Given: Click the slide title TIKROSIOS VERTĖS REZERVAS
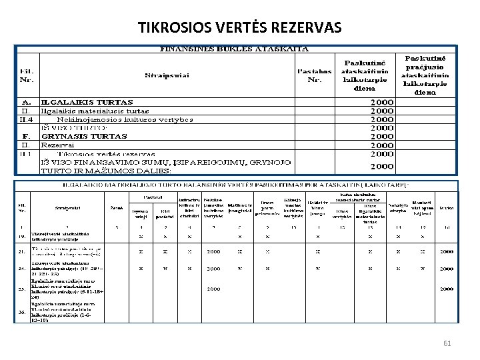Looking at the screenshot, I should coord(239,27).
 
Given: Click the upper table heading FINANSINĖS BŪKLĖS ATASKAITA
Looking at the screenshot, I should coord(233,49).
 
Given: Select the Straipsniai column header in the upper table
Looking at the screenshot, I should coord(167,75).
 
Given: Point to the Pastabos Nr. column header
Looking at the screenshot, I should coord(315,75).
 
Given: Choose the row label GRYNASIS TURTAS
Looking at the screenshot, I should coord(84,136).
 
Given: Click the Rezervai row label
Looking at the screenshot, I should coord(58,145).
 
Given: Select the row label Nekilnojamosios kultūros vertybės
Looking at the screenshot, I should coord(130,119).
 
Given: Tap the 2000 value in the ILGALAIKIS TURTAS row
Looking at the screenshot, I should coord(382,103).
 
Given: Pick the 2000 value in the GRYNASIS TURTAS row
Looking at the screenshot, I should coord(382,136).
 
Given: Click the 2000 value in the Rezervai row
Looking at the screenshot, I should coord(382,145).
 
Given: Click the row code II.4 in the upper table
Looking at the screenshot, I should coord(26,119).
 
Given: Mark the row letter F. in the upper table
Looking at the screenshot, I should coord(25,136).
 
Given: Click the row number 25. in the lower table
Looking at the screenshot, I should coord(23,289).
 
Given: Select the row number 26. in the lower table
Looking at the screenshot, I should coord(23,311).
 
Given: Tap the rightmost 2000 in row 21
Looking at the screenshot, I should coord(445,252).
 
